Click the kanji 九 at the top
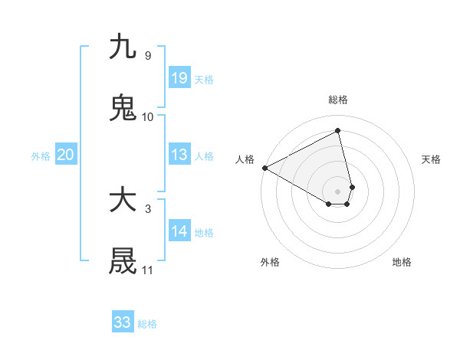click(123, 47)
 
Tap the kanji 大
click(123, 201)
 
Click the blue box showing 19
click(179, 78)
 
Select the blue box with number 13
click(179, 155)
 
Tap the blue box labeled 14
click(179, 231)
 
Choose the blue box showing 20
click(65, 155)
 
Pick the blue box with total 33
click(122, 322)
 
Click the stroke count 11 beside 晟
click(147, 270)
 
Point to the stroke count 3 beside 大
click(147, 208)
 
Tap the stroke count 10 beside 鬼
click(147, 117)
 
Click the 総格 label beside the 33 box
click(147, 324)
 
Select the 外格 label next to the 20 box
click(41, 156)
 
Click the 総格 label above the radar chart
click(338, 100)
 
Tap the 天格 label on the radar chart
click(431, 159)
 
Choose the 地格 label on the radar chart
click(402, 262)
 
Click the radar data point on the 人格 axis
click(264, 168)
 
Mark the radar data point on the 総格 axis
click(338, 130)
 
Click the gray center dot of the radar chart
click(338, 191)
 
